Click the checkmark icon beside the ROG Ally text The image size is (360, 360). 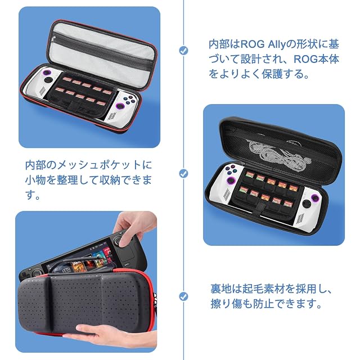[x=183, y=51]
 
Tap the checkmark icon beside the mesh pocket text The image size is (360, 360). [x=183, y=174]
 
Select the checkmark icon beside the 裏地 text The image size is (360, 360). [x=183, y=296]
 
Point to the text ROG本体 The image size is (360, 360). [x=316, y=59]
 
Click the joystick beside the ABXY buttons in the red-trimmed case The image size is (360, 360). [x=120, y=106]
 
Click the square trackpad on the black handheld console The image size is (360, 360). [x=125, y=255]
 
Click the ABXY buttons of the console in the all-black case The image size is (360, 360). [x=230, y=169]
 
